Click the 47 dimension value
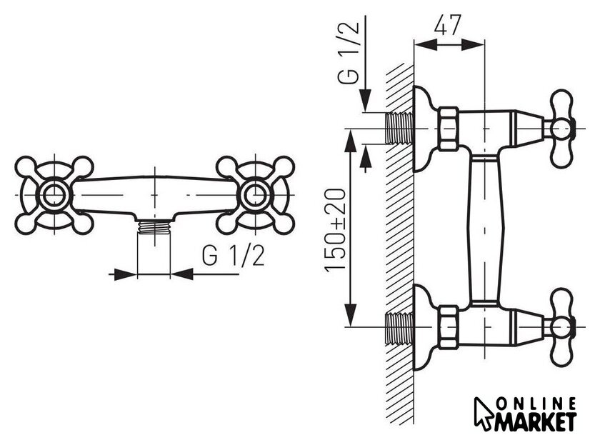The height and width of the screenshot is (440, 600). coord(448,25)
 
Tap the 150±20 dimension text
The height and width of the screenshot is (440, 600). coord(336,230)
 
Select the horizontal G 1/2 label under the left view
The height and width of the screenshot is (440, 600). coord(233,256)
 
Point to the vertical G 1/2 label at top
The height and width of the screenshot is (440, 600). coord(349,51)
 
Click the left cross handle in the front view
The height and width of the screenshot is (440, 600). coord(54,195)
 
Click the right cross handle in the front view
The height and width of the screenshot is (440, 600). coord(255,195)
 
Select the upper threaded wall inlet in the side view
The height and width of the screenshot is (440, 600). coord(399,128)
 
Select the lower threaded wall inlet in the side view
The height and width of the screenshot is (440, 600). coord(399,326)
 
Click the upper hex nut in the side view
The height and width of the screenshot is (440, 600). coord(448,129)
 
